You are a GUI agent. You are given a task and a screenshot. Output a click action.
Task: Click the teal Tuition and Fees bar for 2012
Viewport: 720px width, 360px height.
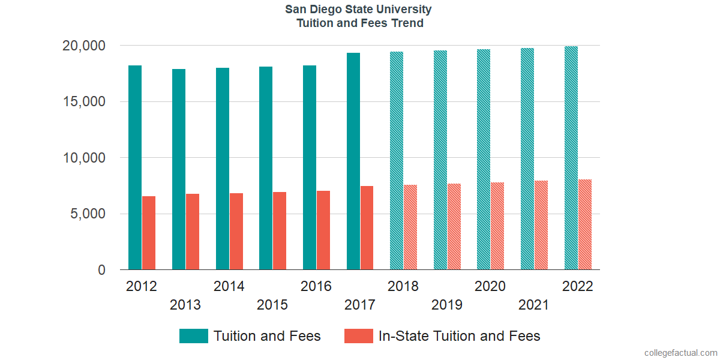pyautogui.click(x=135, y=167)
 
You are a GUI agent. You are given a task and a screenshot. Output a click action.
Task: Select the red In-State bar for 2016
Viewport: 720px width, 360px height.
pyautogui.click(x=323, y=230)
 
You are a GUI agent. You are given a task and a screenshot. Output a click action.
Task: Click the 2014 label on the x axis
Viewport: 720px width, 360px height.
pyautogui.click(x=229, y=287)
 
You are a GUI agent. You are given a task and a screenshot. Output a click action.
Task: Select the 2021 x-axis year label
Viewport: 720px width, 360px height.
pyautogui.click(x=533, y=305)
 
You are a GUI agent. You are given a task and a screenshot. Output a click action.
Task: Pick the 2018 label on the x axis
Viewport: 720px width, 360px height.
pyautogui.click(x=403, y=287)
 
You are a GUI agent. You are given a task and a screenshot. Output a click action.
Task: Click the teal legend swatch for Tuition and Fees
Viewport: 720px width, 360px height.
pyautogui.click(x=193, y=336)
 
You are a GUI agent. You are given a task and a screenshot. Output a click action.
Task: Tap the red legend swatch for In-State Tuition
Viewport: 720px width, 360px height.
pyautogui.click(x=359, y=336)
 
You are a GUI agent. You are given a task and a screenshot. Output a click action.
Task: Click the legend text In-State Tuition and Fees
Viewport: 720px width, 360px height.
pyautogui.click(x=459, y=336)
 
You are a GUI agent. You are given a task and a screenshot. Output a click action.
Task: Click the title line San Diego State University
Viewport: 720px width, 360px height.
pyautogui.click(x=359, y=10)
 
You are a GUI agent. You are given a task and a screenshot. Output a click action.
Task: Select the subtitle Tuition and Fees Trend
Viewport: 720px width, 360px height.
pyautogui.click(x=359, y=23)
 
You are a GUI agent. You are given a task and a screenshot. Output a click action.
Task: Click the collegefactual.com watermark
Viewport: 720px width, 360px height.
pyautogui.click(x=680, y=353)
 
